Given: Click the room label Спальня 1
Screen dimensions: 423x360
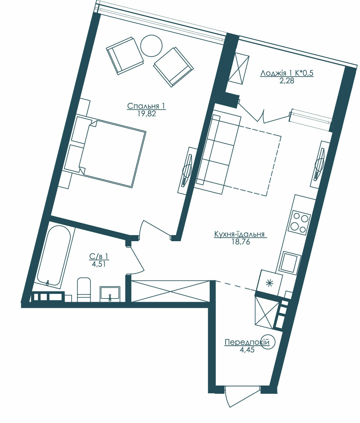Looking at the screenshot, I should (x=146, y=106).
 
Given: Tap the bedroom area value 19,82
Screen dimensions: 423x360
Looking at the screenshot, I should (x=147, y=114).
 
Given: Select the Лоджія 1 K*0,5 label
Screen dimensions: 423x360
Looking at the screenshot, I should (x=287, y=73).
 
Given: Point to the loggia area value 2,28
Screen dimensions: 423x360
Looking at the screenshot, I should (x=287, y=81).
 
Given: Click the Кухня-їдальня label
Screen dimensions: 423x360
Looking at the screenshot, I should (x=239, y=234).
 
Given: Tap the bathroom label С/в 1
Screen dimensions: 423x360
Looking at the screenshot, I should (x=99, y=256).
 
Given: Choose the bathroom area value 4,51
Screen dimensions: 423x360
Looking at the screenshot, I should (x=99, y=264).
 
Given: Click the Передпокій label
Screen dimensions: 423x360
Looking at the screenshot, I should (x=247, y=342).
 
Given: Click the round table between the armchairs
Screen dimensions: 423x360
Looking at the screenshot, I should (x=151, y=46).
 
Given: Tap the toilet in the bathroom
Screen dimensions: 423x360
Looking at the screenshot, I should (x=84, y=289).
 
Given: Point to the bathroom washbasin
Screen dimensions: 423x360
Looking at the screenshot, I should (x=110, y=293).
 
